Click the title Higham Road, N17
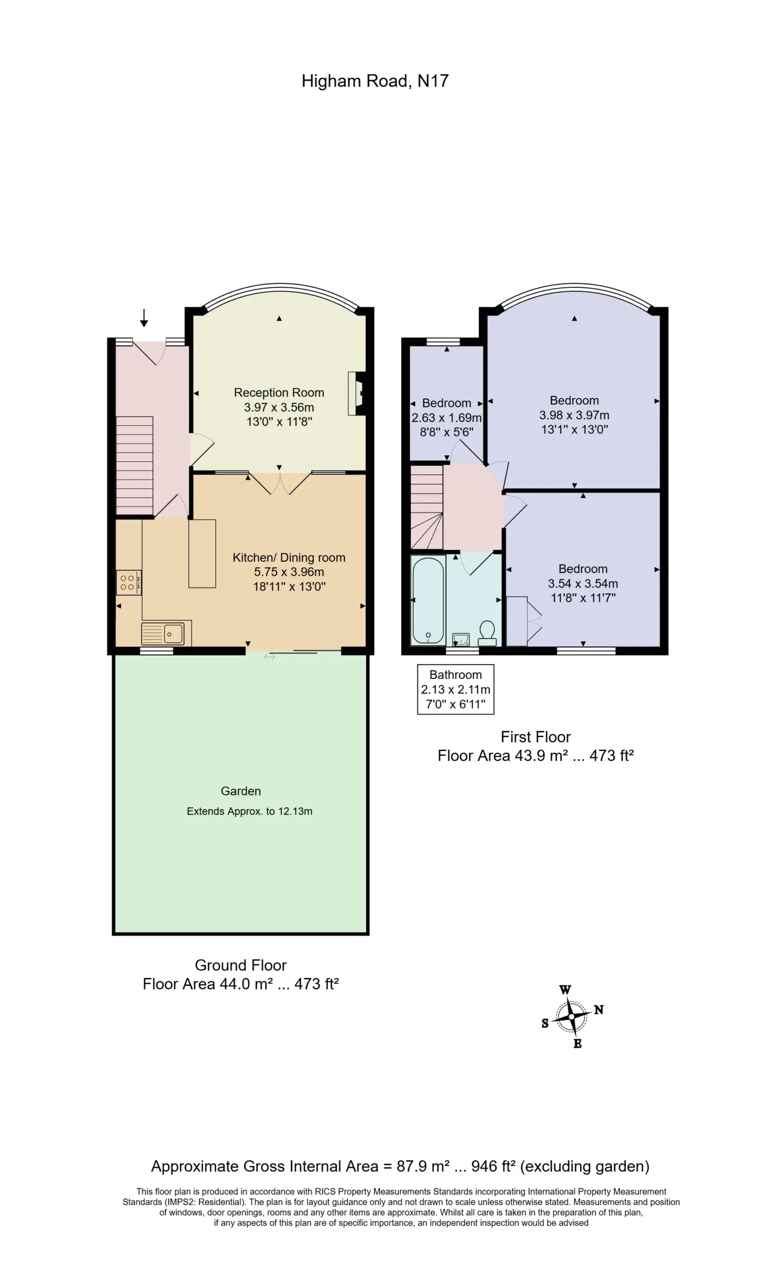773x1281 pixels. [374, 81]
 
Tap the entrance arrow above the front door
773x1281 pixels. [144, 318]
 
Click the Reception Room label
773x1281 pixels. [279, 392]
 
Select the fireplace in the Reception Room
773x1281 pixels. [357, 393]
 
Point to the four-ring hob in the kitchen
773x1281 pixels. [128, 582]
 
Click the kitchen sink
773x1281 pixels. [163, 633]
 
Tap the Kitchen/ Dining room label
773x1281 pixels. [289, 557]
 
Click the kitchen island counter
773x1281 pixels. [202, 553]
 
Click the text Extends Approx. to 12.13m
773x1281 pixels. [250, 811]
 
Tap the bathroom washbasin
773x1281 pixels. [461, 639]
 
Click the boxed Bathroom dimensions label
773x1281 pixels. [456, 690]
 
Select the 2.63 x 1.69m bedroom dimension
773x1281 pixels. [446, 417]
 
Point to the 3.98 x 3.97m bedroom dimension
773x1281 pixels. [574, 415]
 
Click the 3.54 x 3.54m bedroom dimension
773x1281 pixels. [583, 583]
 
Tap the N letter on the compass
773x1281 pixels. [599, 1010]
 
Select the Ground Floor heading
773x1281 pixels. [241, 965]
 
